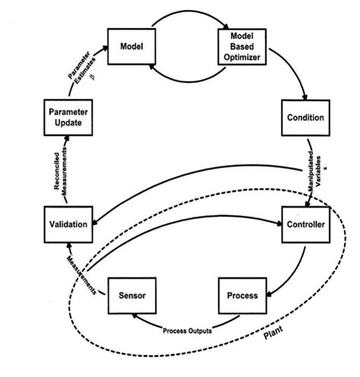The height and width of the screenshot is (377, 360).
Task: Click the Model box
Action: (132, 46)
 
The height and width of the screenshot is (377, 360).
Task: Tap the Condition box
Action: (306, 118)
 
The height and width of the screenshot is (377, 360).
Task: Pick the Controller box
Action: (305, 226)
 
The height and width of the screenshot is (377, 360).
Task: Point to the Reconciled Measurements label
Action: (58, 172)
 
